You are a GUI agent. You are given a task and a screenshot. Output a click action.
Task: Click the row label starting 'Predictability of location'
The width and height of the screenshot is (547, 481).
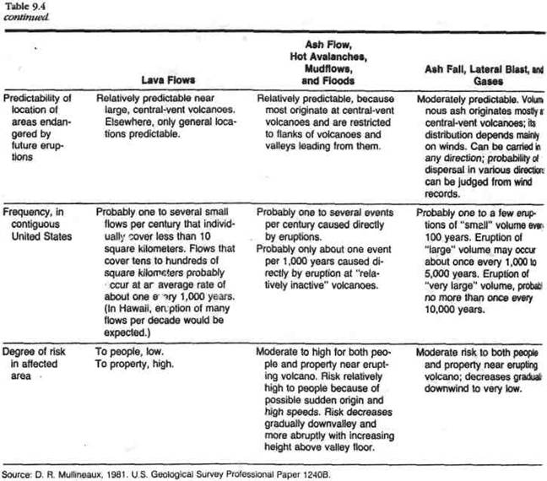(38, 127)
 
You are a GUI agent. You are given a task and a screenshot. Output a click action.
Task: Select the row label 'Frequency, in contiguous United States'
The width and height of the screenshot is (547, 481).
(37, 221)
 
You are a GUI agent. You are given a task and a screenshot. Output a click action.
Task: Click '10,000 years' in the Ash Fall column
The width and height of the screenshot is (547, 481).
(447, 309)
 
